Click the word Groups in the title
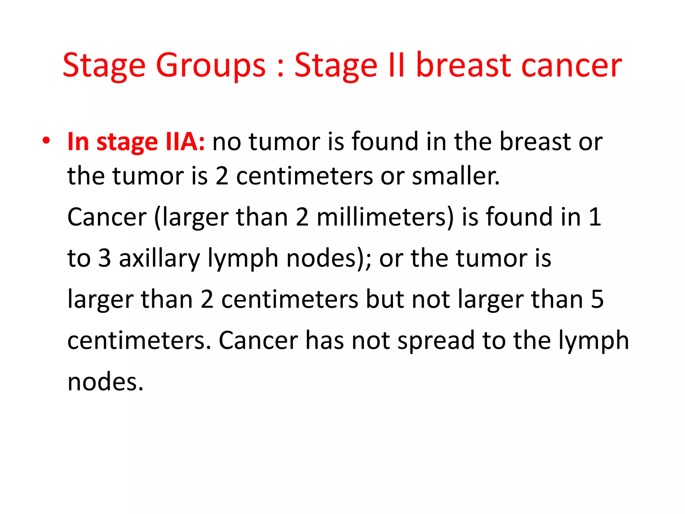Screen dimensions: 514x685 point(210,66)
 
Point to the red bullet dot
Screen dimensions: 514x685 point(46,141)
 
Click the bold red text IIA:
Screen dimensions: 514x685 point(185,142)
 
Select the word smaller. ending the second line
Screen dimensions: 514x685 point(456,176)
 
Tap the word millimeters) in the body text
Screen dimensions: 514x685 point(385,217)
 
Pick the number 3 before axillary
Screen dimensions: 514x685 point(104,258)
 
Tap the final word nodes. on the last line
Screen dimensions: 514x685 point(105,382)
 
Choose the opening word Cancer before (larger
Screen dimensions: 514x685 point(107,217)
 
